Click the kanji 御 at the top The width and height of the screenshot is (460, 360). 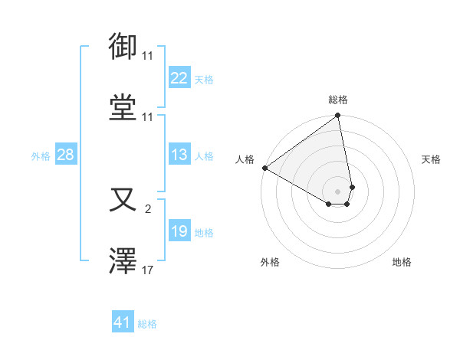123,47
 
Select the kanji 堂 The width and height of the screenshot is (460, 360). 123,106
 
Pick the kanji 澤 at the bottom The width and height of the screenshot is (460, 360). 123,261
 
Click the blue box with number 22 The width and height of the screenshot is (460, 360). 179,78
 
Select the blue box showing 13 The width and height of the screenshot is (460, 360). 179,155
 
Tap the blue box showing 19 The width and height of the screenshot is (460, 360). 179,231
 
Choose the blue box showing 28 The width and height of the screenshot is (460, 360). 66,155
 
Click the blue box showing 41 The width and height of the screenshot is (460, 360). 123,322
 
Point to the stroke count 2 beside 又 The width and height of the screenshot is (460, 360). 148,207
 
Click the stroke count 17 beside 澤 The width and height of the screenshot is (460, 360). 148,270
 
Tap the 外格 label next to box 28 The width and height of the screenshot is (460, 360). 41,156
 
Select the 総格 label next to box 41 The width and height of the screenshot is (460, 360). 147,324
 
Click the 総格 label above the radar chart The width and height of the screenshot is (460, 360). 338,100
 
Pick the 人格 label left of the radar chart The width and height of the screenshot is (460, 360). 245,159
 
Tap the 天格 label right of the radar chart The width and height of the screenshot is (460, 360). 432,159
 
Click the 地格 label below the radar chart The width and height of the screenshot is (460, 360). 402,262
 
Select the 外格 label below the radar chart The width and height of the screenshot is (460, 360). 270,262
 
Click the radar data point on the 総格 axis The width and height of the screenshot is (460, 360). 338,116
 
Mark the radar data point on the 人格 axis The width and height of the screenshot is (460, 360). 264,168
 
